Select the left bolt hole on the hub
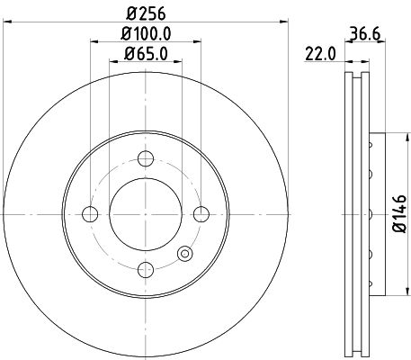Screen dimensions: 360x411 (x=90, y=213)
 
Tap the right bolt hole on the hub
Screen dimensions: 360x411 (x=201, y=213)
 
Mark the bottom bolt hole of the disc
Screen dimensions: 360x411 (x=145, y=268)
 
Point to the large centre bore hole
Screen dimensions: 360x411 (x=145, y=213)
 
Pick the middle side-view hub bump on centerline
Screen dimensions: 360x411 (x=370, y=213)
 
